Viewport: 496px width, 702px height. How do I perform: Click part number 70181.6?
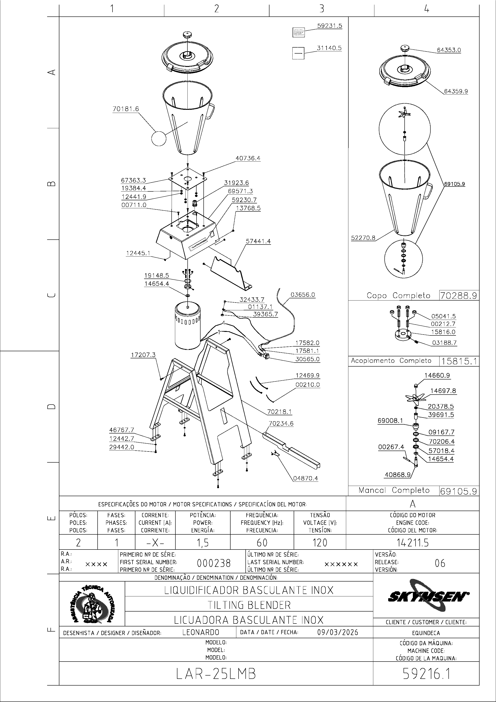tap(126, 109)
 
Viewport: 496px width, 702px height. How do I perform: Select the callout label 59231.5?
tap(329, 26)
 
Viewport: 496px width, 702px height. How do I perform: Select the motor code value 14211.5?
tap(412, 543)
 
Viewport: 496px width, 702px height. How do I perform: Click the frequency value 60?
tap(262, 543)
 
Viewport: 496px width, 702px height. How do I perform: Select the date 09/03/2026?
tap(338, 632)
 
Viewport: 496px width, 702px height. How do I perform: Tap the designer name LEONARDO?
tap(201, 632)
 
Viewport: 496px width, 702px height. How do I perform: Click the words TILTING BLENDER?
tap(249, 605)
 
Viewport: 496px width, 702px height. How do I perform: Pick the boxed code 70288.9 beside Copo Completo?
tap(459, 296)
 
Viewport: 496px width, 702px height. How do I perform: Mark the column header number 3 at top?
tap(321, 9)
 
